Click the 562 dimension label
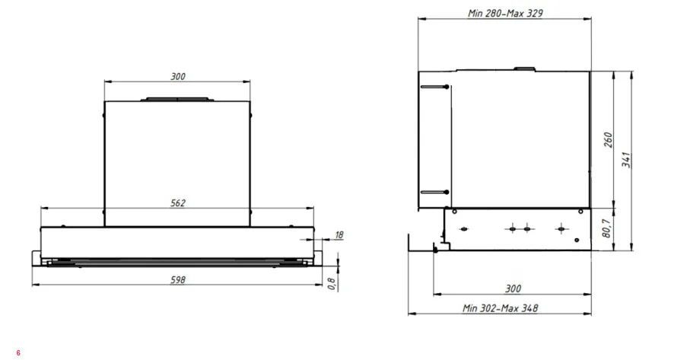click(178, 203)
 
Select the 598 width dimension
click(178, 280)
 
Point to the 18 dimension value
click(339, 235)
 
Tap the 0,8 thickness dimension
click(332, 284)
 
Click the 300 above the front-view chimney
click(178, 77)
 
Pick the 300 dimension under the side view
click(513, 288)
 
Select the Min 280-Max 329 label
click(505, 13)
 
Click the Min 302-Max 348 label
click(501, 308)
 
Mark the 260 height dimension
click(608, 140)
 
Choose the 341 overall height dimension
click(627, 160)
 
